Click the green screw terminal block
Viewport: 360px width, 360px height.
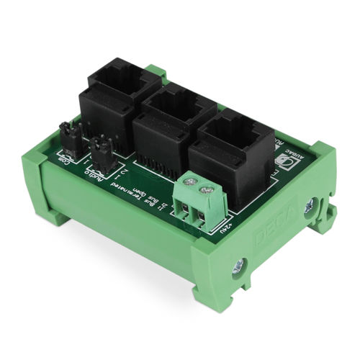197,202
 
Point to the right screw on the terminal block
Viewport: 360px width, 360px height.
207,190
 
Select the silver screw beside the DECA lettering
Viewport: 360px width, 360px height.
309,209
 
